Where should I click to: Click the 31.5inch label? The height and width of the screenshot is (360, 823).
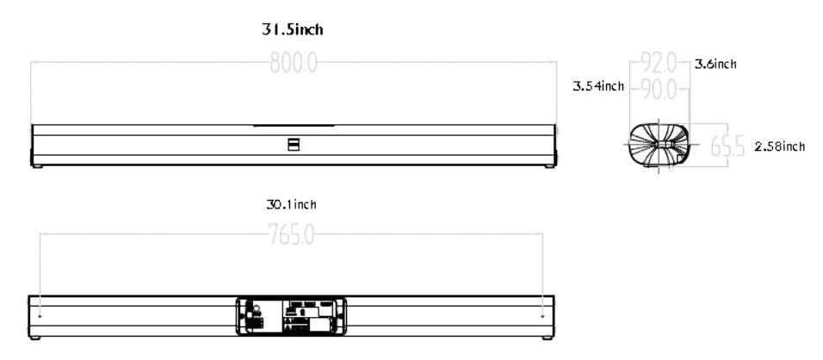click(293, 30)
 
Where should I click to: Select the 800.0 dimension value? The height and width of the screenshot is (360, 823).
click(294, 63)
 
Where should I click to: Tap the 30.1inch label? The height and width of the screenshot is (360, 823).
click(291, 205)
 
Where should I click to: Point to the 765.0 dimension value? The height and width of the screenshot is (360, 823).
click(291, 235)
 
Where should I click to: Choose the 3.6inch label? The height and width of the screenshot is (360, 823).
click(715, 64)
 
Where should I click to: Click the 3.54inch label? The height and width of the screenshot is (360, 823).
click(598, 86)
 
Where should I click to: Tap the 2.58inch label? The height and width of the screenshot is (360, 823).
click(779, 147)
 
